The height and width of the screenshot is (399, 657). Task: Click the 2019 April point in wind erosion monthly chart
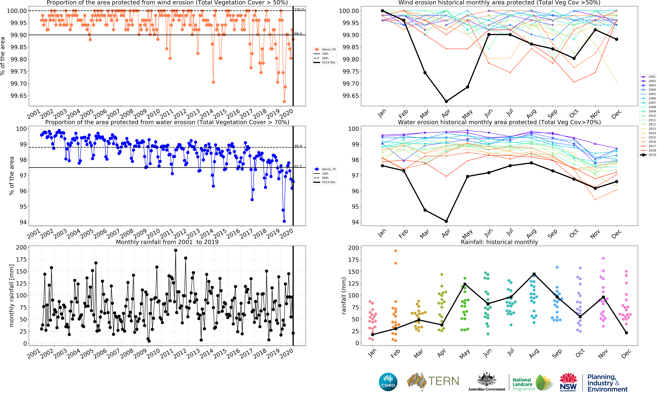click(446, 101)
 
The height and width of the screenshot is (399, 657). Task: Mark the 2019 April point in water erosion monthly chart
click(446, 221)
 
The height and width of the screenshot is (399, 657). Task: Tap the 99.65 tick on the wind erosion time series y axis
click(19, 96)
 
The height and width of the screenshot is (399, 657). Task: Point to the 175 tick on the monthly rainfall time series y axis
click(21, 259)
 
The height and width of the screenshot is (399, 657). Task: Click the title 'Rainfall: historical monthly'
click(499, 242)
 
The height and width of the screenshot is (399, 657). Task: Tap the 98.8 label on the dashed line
click(298, 146)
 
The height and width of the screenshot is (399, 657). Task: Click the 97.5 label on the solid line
click(298, 166)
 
